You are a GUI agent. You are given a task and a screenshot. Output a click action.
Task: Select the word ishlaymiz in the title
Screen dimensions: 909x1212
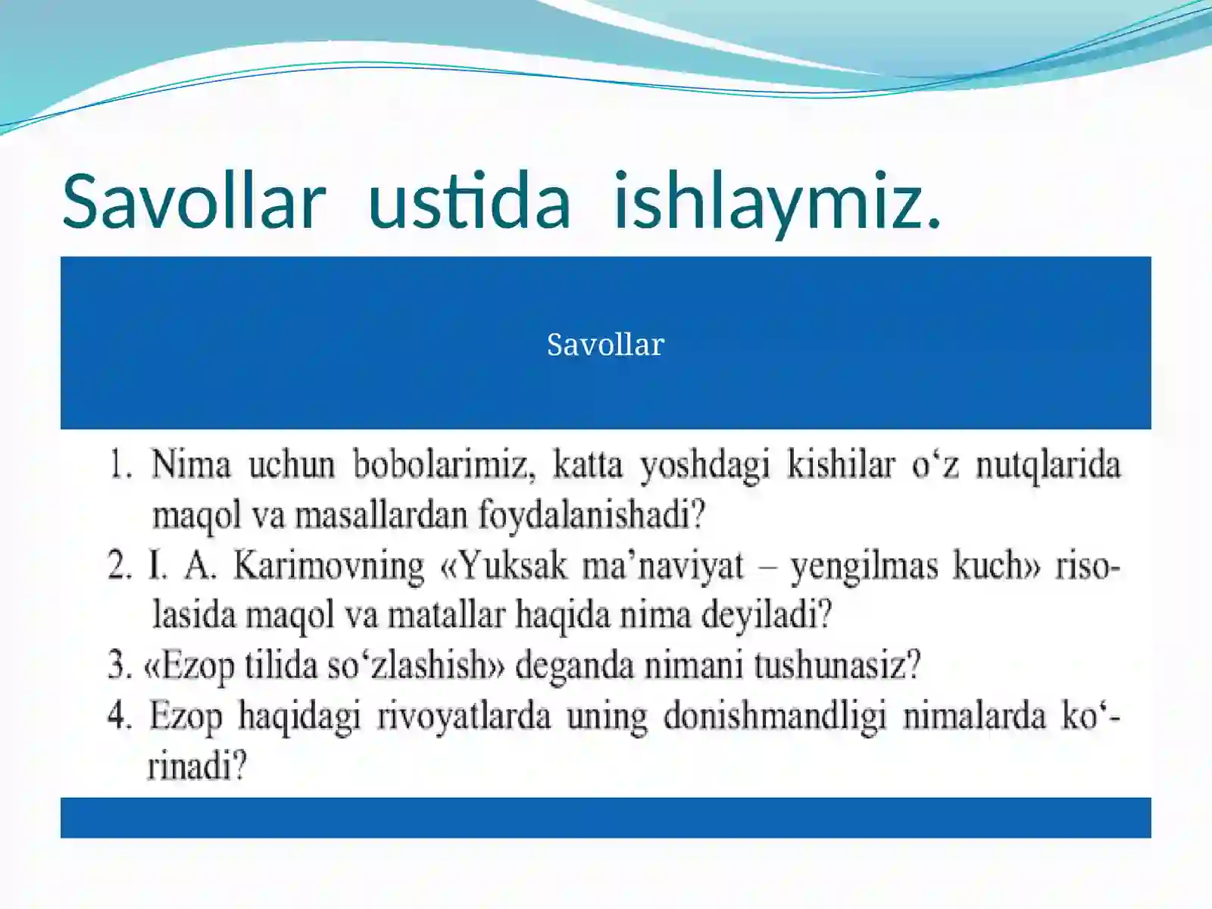click(776, 201)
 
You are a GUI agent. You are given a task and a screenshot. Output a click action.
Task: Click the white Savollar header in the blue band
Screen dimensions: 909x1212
click(605, 345)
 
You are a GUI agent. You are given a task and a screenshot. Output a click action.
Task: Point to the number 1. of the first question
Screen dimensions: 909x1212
click(121, 464)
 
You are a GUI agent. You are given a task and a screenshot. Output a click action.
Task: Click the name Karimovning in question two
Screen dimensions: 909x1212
click(329, 566)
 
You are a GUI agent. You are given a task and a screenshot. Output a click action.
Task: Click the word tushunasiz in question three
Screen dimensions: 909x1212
click(836, 666)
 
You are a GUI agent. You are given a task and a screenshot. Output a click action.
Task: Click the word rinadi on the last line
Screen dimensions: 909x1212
click(197, 767)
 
